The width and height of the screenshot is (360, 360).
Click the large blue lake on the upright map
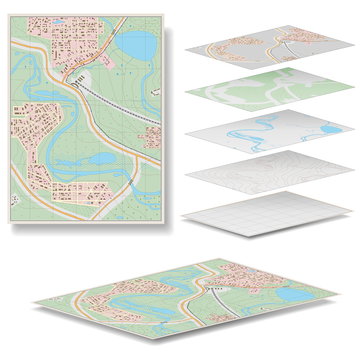click(138, 45)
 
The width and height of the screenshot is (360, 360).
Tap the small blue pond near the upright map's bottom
click(103, 159)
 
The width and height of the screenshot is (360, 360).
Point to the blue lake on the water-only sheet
click(331, 129)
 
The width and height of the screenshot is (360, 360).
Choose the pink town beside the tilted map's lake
click(250, 275)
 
